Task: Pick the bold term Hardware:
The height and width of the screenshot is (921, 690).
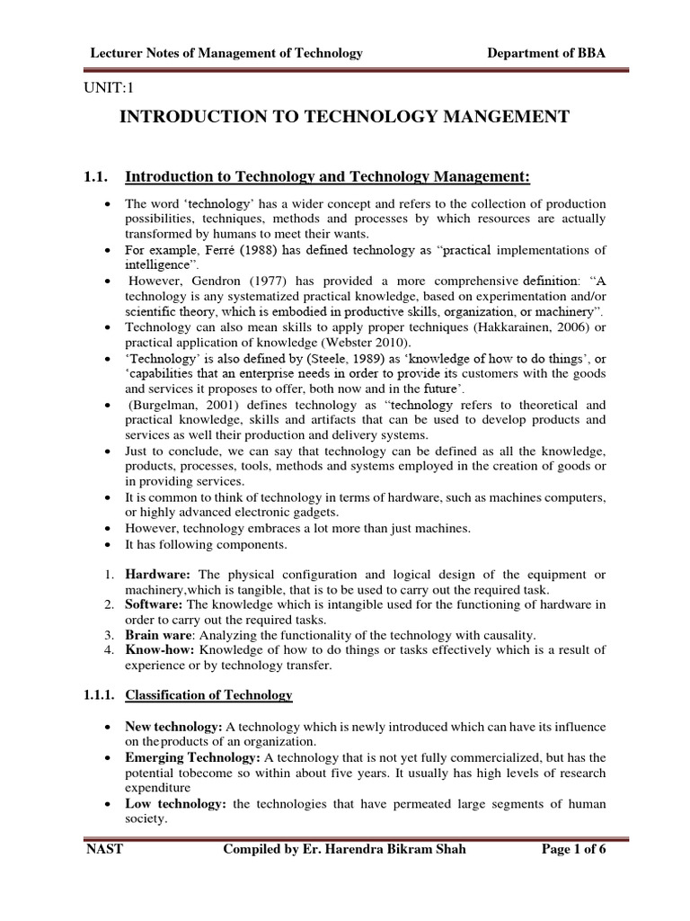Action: click(158, 574)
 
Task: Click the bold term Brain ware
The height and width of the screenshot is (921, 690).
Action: click(159, 634)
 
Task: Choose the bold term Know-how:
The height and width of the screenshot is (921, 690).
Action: click(157, 649)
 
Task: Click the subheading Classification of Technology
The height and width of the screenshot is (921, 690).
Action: click(208, 694)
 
